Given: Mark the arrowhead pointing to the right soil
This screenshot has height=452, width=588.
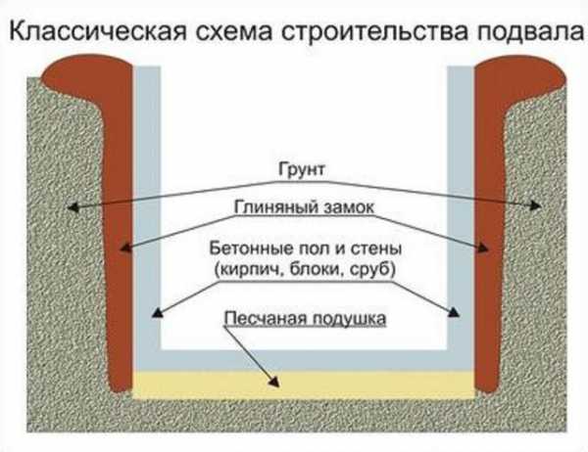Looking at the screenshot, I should point(538,206).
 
